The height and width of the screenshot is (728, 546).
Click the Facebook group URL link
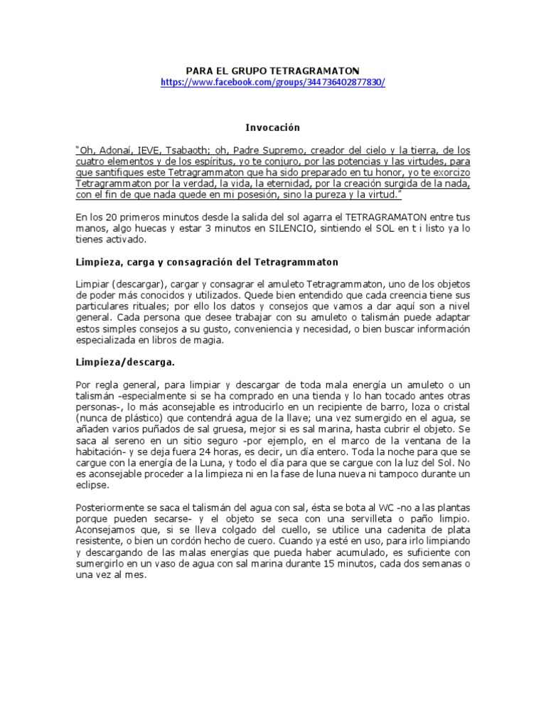click(273, 82)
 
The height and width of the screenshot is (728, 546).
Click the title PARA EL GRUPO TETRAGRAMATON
click(273, 70)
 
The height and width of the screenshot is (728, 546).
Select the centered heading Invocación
click(273, 128)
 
